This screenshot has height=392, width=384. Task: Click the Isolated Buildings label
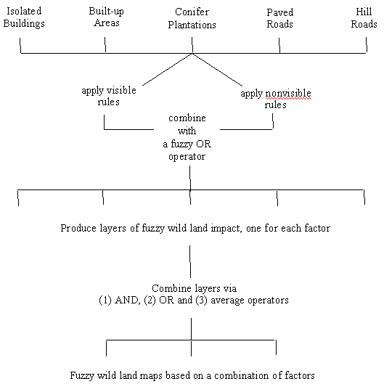(24, 17)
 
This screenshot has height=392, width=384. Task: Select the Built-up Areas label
(107, 17)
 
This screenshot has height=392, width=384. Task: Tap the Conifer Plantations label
(192, 18)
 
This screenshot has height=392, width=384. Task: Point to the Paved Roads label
(279, 18)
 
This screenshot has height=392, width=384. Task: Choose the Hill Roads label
(364, 18)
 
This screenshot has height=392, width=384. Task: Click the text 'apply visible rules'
(109, 96)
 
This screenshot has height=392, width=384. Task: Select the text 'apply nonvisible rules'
(276, 99)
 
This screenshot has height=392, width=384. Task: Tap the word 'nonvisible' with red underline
(288, 94)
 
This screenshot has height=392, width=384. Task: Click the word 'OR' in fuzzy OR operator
(203, 144)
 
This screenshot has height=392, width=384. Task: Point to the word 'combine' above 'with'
(187, 118)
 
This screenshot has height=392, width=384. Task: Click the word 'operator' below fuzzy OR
(187, 157)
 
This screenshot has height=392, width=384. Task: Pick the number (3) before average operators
(201, 301)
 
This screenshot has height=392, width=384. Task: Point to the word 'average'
(227, 301)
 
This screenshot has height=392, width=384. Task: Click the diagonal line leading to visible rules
(167, 70)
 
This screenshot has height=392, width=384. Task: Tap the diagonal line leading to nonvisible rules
(217, 70)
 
